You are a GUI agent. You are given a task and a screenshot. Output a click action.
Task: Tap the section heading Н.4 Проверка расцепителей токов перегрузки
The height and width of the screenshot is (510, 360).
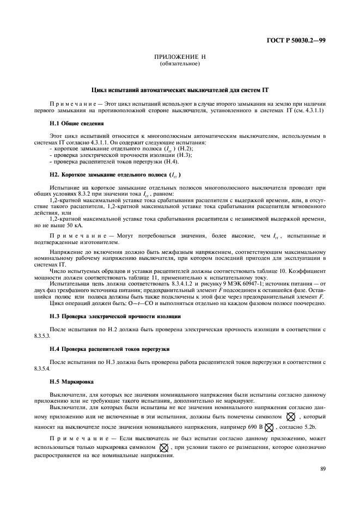click(110, 349)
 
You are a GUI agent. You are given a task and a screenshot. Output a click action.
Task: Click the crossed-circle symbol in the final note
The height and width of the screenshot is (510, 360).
click(164, 447)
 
